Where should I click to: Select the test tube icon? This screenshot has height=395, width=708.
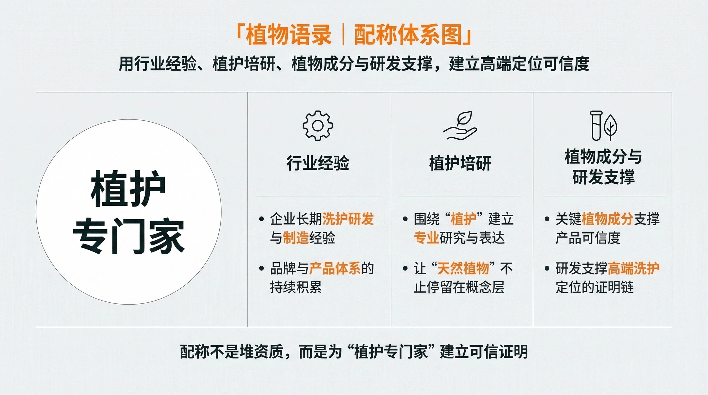click(596, 125)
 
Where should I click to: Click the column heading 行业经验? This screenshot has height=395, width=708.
click(318, 163)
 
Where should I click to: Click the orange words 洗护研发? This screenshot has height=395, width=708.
click(348, 219)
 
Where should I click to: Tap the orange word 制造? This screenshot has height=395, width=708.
click(296, 238)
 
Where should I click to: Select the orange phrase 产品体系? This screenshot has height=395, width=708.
click(335, 268)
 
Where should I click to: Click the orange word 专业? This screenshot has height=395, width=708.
click(427, 238)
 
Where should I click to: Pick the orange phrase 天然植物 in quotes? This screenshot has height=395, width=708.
click(463, 268)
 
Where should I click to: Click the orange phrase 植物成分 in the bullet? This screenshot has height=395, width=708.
click(607, 219)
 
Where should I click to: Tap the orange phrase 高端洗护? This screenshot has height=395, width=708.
click(633, 268)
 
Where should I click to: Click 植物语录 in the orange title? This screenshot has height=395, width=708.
click(289, 36)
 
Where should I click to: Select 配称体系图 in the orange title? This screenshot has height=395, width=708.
click(408, 36)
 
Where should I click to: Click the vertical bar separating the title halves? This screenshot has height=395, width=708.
click(343, 36)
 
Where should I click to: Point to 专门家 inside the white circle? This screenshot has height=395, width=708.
click(129, 236)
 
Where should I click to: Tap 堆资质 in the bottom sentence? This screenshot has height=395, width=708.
click(261, 352)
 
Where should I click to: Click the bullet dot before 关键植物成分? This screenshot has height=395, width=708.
click(547, 219)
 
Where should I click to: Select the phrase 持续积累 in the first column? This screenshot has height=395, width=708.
click(296, 287)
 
